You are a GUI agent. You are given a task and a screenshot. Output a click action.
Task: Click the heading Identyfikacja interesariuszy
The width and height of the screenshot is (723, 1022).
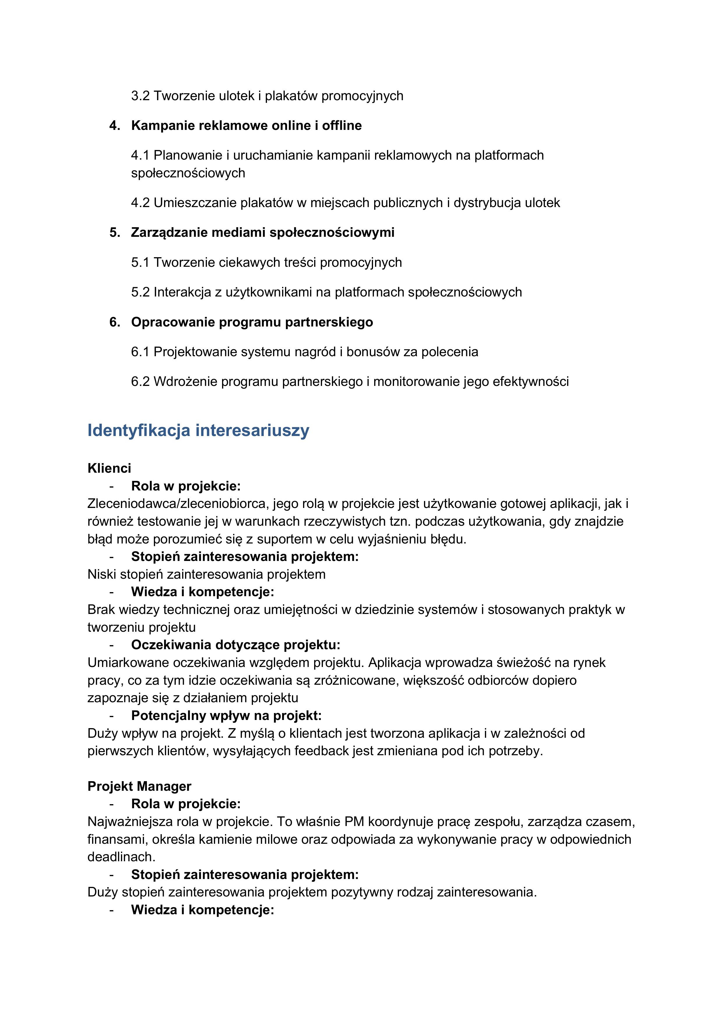[198, 430]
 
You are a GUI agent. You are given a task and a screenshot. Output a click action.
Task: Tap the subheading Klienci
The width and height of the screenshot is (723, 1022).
[109, 468]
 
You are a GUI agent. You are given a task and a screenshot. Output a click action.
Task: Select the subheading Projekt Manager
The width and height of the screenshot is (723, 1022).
[139, 787]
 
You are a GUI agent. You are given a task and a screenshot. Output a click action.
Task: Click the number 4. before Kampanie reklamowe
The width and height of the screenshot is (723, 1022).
[115, 126]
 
